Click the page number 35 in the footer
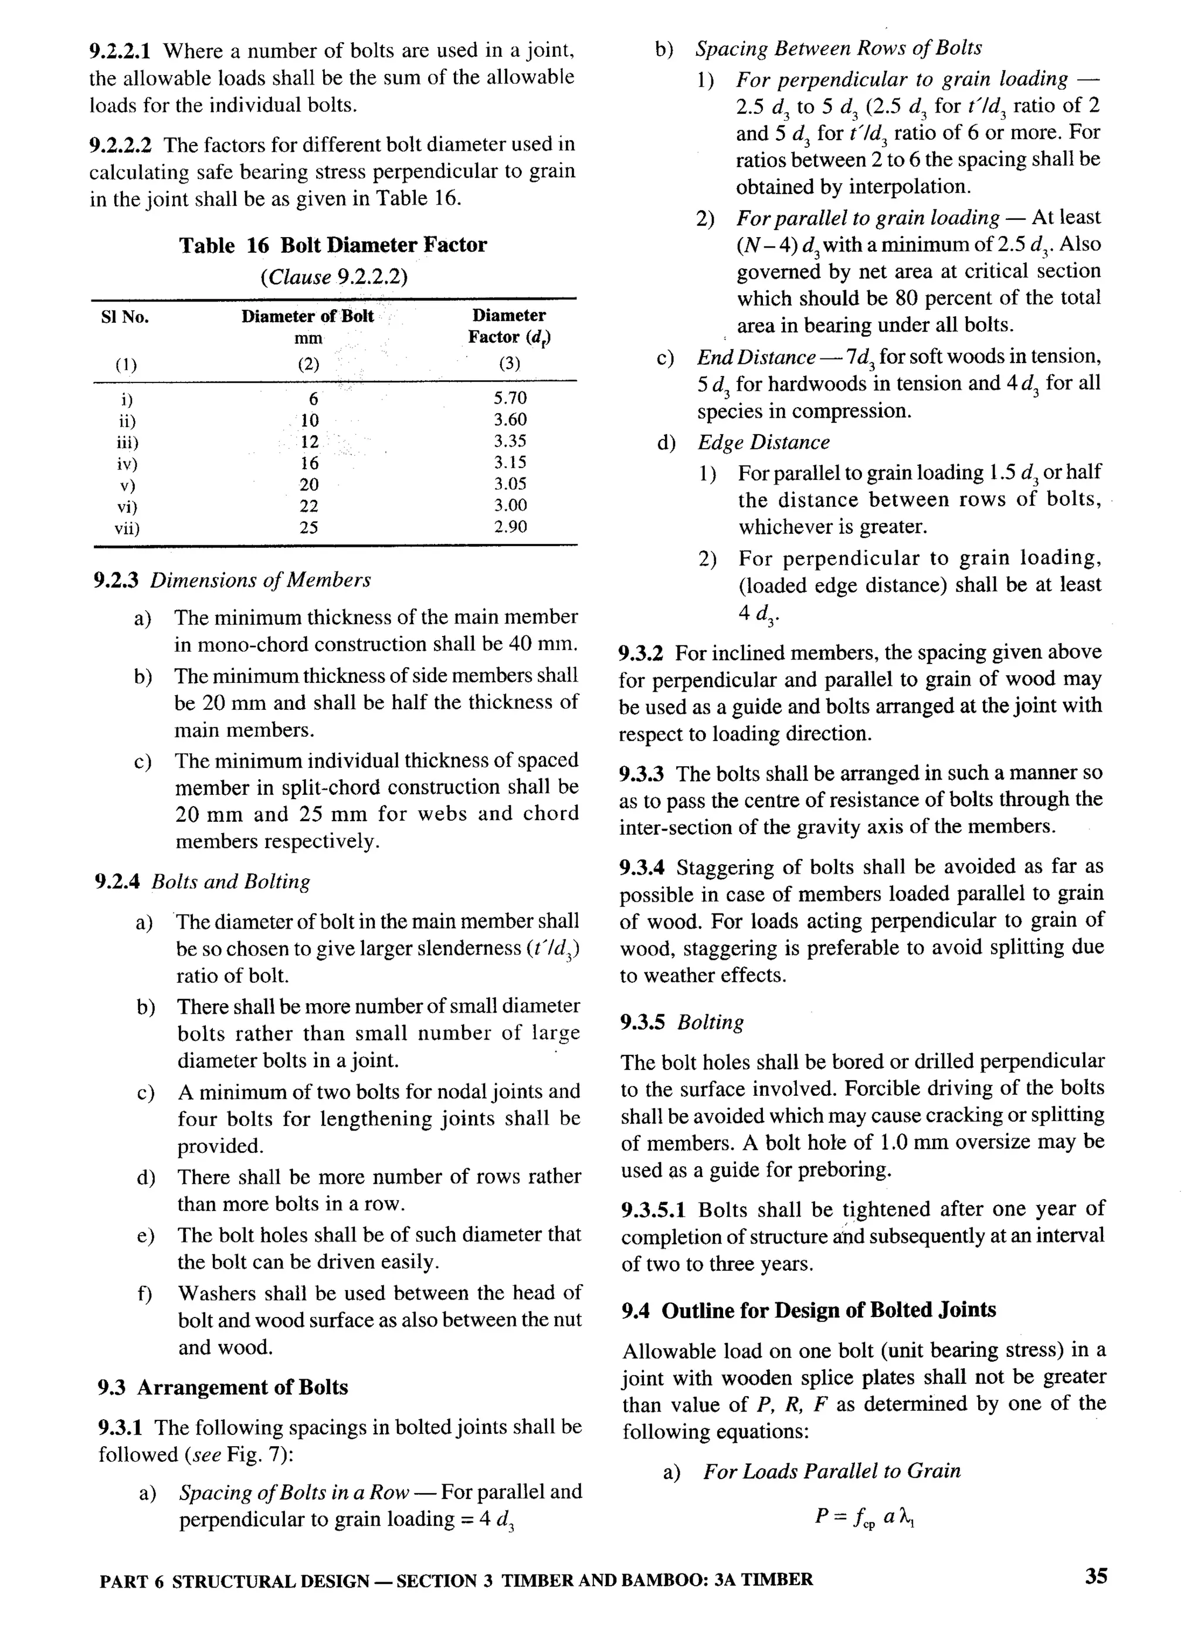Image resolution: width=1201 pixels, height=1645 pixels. click(1096, 1576)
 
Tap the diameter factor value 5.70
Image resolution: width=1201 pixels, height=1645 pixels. click(510, 398)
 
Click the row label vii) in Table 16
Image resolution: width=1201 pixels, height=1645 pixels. click(127, 528)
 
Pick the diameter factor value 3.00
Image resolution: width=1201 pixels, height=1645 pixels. click(510, 506)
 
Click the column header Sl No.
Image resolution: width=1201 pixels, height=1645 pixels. click(124, 317)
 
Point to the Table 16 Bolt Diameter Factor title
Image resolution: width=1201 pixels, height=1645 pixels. click(333, 245)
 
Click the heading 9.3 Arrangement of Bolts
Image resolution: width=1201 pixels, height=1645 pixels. click(222, 1387)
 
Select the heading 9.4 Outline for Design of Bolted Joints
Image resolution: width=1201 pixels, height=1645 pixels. click(809, 1311)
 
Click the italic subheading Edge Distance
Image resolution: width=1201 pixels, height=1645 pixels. click(764, 442)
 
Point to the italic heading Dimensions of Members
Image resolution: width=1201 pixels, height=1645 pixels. click(260, 580)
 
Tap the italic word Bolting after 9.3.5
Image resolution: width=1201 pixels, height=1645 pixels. click(710, 1022)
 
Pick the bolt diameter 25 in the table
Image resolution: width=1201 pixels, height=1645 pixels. click(309, 527)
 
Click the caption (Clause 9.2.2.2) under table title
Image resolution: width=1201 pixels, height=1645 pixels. click(334, 277)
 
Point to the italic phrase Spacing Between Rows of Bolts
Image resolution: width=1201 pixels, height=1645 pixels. click(838, 49)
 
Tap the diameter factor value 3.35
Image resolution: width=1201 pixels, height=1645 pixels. click(510, 441)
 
